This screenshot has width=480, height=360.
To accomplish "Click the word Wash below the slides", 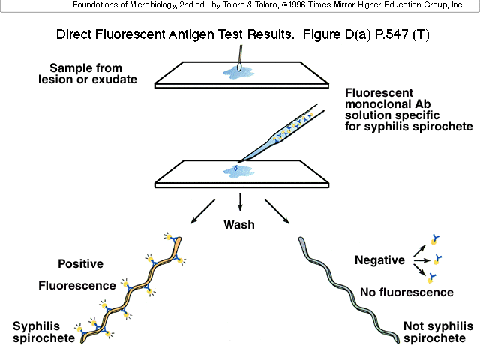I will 239,224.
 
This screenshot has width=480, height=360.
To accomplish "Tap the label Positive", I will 80,263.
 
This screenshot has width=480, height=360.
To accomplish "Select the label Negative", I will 379,260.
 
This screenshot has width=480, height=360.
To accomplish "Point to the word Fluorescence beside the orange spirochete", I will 77,285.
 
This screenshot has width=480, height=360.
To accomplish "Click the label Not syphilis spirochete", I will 439,332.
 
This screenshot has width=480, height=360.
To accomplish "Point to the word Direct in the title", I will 74,35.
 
